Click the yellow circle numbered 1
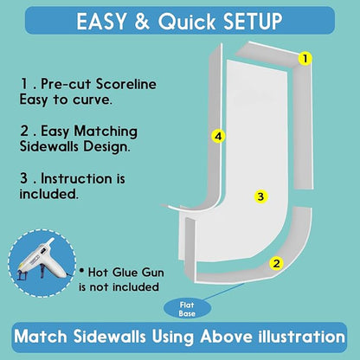pyautogui.click(x=305, y=59)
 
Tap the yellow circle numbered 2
pyautogui.click(x=276, y=263)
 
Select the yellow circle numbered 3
pyautogui.click(x=260, y=196)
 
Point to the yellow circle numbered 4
pyautogui.click(x=218, y=136)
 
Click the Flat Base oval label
pyautogui.click(x=187, y=309)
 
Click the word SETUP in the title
pyautogui.click(x=253, y=21)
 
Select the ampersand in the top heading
pyautogui.click(x=142, y=21)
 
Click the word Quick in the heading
pyautogui.click(x=187, y=22)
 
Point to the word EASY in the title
pyautogui.click(x=101, y=21)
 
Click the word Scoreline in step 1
pyautogui.click(x=126, y=84)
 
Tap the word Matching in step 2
pyautogui.click(x=106, y=132)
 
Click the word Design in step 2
pyautogui.click(x=106, y=146)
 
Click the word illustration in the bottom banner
pyautogui.click(x=302, y=337)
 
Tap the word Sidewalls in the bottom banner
pyautogui.click(x=109, y=337)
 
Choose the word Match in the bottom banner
pyautogui.click(x=41, y=337)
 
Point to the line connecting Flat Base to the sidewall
pyautogui.click(x=223, y=292)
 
